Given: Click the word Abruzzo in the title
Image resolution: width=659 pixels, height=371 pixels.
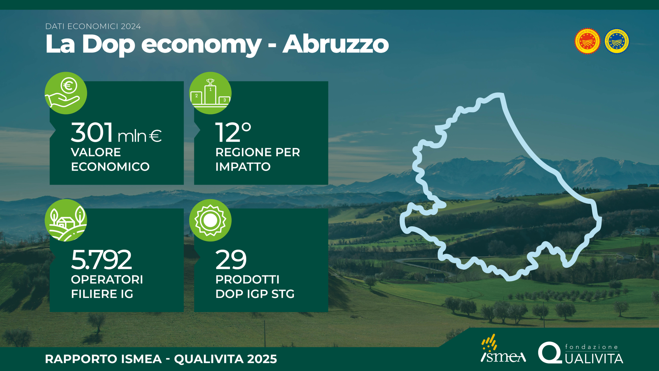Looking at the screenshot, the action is coord(336,44).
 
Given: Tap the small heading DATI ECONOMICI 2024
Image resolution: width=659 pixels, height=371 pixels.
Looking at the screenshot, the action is coord(93,27).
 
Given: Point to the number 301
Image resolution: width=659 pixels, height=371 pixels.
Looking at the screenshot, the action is coord(92,132).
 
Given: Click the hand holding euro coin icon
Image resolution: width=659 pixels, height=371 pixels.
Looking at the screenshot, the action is coord(66,93).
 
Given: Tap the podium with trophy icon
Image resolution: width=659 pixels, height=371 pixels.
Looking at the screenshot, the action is coord(210,93).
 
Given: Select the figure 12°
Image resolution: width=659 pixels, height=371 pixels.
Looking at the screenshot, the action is coord(233,132).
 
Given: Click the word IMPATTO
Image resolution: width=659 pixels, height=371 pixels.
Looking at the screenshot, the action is coord(243,167).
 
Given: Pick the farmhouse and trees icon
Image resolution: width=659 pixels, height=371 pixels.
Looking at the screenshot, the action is coord(66,220).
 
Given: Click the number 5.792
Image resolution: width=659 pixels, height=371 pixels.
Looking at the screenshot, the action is coord(101,260).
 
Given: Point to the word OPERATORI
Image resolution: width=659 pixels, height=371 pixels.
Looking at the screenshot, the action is coord(107,280).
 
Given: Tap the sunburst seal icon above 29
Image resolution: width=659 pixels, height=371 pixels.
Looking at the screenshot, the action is coord(210,220).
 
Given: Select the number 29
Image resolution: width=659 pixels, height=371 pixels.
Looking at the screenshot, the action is coord(231,260).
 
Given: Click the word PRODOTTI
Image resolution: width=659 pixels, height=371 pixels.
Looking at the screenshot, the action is coord(247,280).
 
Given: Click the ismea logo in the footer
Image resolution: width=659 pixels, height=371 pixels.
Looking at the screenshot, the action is coord(503,348).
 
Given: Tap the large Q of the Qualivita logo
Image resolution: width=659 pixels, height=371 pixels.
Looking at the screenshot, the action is coord(550,353).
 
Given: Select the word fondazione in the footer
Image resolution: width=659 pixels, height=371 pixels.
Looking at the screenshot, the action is coord(592,347).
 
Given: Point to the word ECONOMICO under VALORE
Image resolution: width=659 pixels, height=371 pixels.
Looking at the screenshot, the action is coord(110,167).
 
